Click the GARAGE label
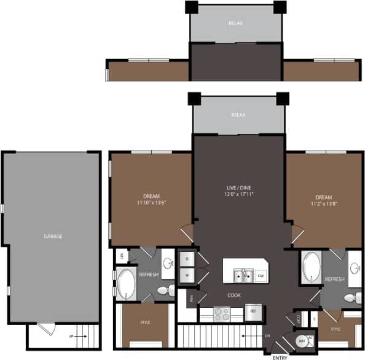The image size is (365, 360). point(53,236)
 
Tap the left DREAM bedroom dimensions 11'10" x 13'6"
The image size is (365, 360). point(151,202)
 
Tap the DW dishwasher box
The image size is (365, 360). point(261,276)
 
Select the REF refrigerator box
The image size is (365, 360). point(253,311)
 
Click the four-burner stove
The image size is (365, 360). point(221,314)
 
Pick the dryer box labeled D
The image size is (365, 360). point(187,259)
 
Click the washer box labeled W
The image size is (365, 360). point(187,276)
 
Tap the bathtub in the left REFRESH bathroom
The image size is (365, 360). point(127,283)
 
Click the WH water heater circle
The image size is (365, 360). point(302,342)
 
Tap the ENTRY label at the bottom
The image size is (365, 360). point(280,356)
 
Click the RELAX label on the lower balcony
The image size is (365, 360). point(238,115)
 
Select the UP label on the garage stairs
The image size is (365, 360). point(71,337)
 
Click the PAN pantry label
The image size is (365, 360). point(191,299)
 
